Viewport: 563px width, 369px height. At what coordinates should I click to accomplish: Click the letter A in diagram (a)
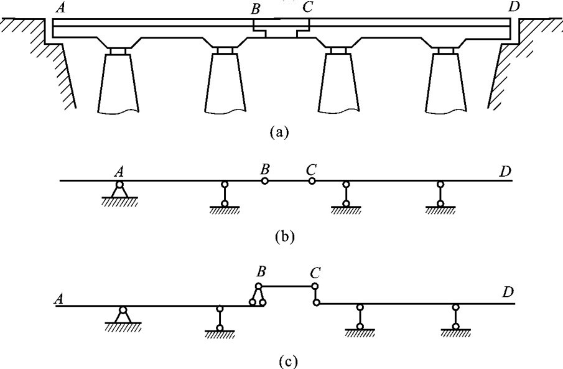pyautogui.click(x=61, y=7)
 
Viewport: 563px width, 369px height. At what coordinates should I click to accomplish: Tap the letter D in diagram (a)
pyautogui.click(x=513, y=7)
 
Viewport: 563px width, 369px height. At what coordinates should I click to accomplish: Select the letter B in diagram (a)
pyautogui.click(x=256, y=9)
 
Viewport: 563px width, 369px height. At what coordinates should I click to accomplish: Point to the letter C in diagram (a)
pyautogui.click(x=307, y=9)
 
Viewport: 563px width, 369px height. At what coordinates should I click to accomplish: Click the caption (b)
pyautogui.click(x=281, y=236)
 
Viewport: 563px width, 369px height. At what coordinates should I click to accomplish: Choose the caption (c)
pyautogui.click(x=281, y=359)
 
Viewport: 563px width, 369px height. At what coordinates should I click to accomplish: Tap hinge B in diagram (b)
pyautogui.click(x=265, y=181)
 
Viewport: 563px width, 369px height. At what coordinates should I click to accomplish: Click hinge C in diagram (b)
pyautogui.click(x=312, y=181)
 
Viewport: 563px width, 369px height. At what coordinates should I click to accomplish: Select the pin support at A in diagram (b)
pyautogui.click(x=119, y=189)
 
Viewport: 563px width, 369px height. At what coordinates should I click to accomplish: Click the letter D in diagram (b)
pyautogui.click(x=505, y=170)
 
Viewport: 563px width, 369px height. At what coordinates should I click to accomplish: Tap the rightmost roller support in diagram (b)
pyautogui.click(x=440, y=194)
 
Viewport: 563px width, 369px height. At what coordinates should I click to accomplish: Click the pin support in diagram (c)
pyautogui.click(x=123, y=315)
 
